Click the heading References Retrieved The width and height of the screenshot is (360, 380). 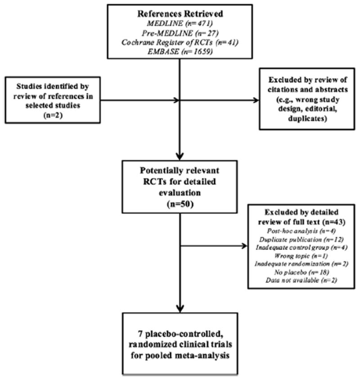click(180, 12)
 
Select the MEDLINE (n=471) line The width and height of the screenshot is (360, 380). click(180, 22)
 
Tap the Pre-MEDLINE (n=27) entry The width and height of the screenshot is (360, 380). click(180, 31)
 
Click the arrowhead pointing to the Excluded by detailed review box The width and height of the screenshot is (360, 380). click(245, 246)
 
